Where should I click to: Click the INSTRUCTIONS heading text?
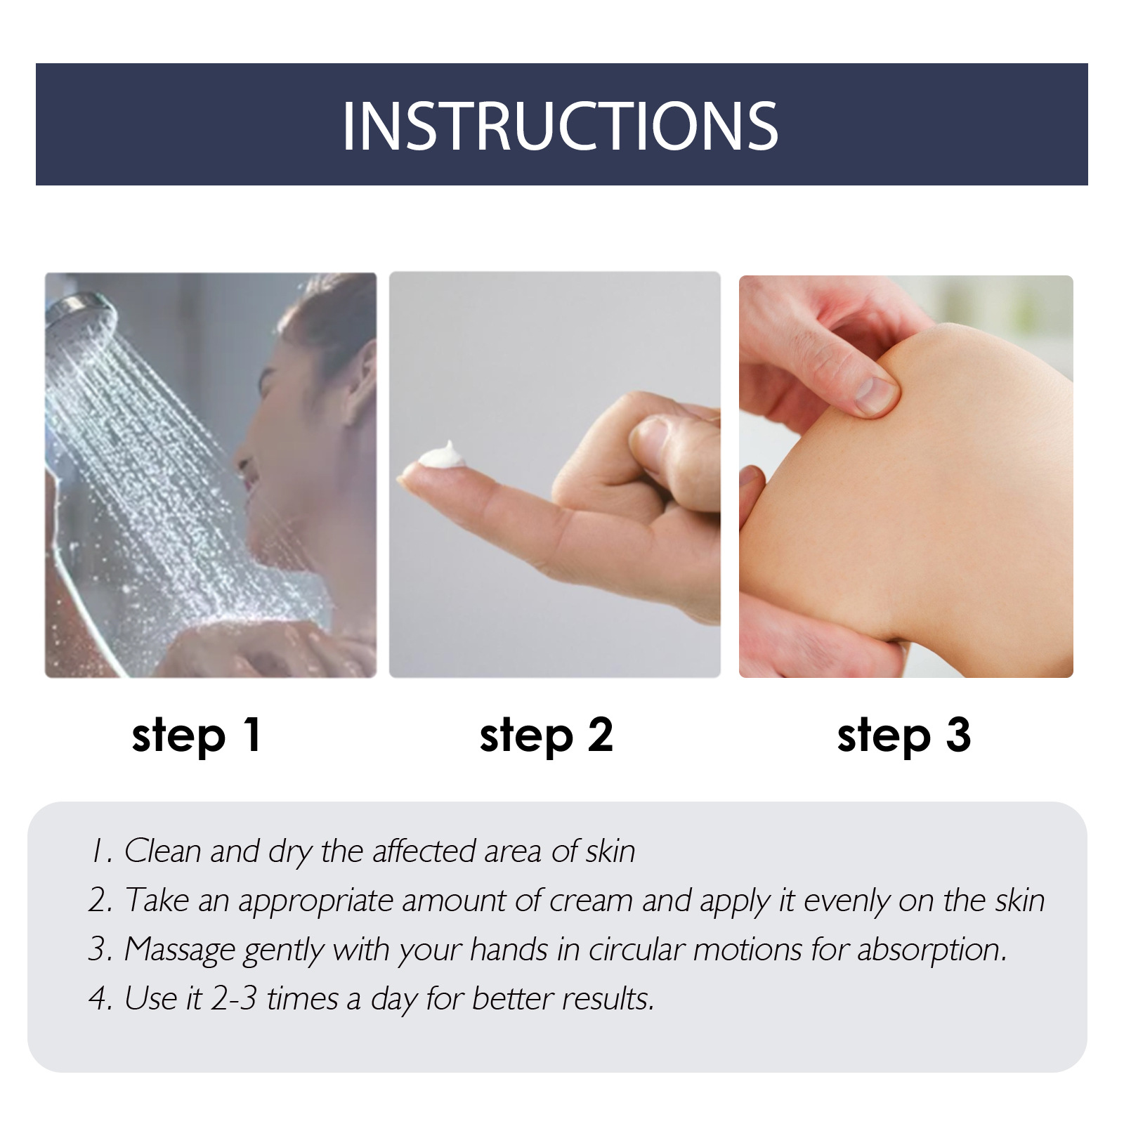(x=560, y=126)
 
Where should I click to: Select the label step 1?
(x=197, y=736)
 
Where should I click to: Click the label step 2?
(x=546, y=736)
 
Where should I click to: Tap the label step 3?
(x=904, y=736)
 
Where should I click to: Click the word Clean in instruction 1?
(x=162, y=851)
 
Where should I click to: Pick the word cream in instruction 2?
(x=591, y=901)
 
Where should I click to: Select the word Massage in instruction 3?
(x=179, y=950)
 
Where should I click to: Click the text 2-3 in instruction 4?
(x=234, y=999)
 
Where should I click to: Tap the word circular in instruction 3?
(x=636, y=950)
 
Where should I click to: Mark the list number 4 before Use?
(x=98, y=999)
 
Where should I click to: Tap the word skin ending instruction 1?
(x=610, y=851)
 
